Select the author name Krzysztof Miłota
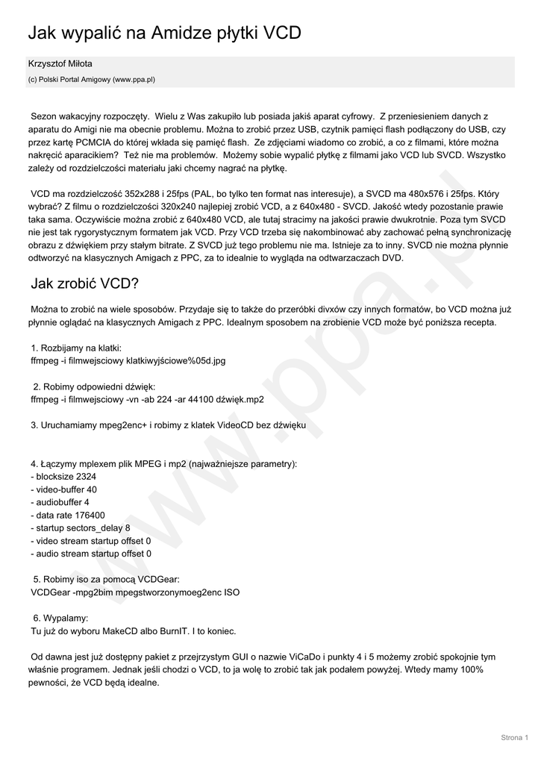tap(60, 64)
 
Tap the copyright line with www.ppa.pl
tap(91, 78)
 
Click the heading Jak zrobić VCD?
tap(84, 284)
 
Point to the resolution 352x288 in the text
tap(142, 194)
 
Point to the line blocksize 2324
tap(63, 477)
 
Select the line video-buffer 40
tap(64, 489)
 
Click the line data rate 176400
tap(68, 515)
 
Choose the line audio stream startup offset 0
tap(91, 554)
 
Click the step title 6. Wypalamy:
tap(61, 619)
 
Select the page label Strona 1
tap(513, 737)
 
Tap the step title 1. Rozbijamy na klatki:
tap(76, 348)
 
